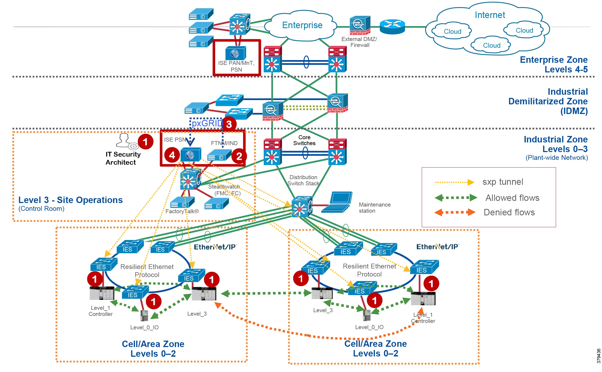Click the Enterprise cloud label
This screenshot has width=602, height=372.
pyautogui.click(x=302, y=25)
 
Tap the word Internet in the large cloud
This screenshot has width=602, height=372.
pyautogui.click(x=490, y=15)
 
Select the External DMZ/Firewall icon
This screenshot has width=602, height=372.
pyautogui.click(x=360, y=25)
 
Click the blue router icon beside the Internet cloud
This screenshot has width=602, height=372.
pyautogui.click(x=392, y=26)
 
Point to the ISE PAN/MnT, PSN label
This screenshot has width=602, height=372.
pyautogui.click(x=236, y=66)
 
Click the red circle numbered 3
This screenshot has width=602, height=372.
pyautogui.click(x=229, y=124)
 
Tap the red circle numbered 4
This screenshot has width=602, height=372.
pyautogui.click(x=172, y=155)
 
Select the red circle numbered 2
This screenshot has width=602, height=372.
pyautogui.click(x=239, y=156)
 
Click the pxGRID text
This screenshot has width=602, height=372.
pyautogui.click(x=207, y=123)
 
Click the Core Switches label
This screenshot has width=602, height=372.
pyautogui.click(x=304, y=140)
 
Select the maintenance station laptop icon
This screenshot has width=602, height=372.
pyautogui.click(x=337, y=202)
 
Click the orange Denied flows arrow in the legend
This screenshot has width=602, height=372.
pyautogui.click(x=455, y=212)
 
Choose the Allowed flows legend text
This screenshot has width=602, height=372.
pyautogui.click(x=512, y=198)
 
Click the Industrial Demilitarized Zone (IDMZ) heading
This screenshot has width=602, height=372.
pyautogui.click(x=548, y=101)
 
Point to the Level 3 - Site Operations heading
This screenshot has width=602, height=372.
pyautogui.click(x=70, y=200)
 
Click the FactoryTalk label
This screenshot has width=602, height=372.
pyautogui.click(x=182, y=211)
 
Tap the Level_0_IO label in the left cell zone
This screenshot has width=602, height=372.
pyautogui.click(x=144, y=327)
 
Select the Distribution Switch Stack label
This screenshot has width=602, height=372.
pyautogui.click(x=303, y=181)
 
